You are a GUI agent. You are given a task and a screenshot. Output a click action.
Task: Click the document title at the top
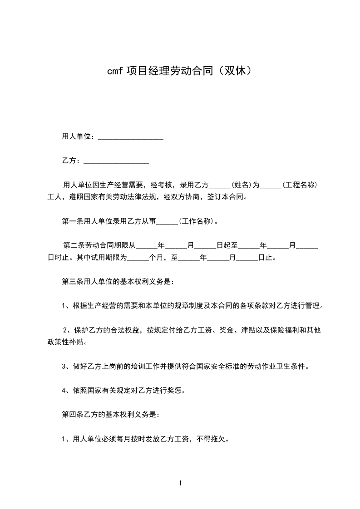tap(180, 71)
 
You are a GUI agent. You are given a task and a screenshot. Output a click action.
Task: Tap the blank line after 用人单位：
tap(131, 137)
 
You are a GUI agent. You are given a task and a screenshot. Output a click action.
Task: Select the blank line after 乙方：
tap(117, 161)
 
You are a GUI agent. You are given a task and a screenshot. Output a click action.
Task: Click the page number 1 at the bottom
tap(180, 483)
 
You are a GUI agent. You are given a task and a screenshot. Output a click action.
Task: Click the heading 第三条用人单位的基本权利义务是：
tap(117, 281)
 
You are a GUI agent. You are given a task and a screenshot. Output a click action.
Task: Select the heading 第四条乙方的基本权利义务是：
tap(110, 415)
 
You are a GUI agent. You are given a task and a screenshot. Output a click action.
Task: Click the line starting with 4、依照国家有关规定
tap(123, 390)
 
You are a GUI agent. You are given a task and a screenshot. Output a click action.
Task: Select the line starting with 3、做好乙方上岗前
tap(185, 366)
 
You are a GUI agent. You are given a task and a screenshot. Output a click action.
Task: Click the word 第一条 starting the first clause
tap(72, 222)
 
